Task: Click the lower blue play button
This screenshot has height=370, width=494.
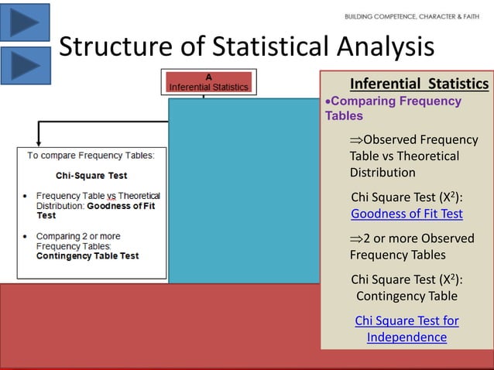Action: (25, 65)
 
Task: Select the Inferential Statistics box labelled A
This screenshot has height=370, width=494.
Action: (208, 83)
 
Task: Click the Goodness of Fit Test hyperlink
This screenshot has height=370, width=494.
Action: (407, 214)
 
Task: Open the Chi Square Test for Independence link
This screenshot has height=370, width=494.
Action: (407, 329)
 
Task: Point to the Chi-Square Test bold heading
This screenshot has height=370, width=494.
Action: (91, 176)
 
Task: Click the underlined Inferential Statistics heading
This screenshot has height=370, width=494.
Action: (419, 84)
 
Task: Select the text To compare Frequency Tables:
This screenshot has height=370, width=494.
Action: (91, 155)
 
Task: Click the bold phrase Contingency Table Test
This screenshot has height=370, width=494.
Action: (87, 256)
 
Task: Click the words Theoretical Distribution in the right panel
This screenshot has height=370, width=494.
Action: (404, 164)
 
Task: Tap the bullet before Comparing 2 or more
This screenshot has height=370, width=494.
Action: (28, 236)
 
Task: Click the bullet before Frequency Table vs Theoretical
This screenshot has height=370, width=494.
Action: (28, 197)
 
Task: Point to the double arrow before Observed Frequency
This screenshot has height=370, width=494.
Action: (355, 139)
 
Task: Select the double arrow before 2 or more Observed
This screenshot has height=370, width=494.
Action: (355, 237)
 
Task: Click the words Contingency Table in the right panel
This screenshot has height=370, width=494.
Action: (407, 296)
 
